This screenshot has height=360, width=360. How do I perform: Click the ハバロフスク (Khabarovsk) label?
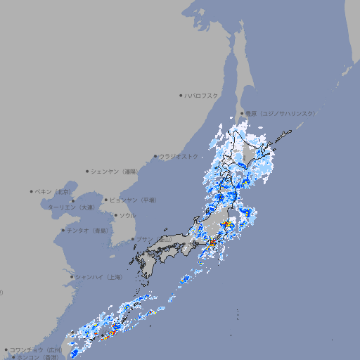click(202, 95)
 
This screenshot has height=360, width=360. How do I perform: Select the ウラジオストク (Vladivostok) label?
click(179, 156)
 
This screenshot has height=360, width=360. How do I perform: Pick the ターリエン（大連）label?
click(71, 207)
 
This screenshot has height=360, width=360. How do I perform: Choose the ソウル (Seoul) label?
click(127, 215)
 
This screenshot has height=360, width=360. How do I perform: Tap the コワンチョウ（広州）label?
click(36, 349)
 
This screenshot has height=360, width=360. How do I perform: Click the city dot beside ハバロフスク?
click(181, 95)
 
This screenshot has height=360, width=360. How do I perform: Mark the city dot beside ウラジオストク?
click(155, 156)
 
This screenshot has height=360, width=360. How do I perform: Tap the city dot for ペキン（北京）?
click(32, 191)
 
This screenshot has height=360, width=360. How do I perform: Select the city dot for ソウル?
click(115, 215)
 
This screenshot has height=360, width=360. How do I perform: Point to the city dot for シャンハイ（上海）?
click(72, 277)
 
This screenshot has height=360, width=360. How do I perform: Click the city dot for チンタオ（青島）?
click(63, 230)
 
